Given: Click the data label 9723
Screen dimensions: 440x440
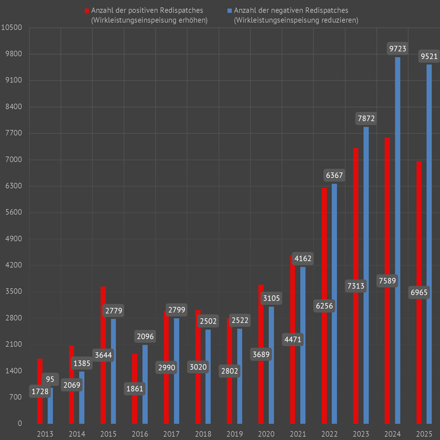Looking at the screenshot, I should click(x=398, y=48).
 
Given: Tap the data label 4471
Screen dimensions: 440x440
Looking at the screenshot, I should click(x=292, y=340).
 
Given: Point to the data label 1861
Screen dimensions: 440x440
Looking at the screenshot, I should click(x=134, y=388).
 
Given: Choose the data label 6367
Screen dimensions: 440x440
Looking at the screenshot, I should click(x=334, y=175).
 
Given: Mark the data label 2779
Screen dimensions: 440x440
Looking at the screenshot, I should click(x=113, y=311).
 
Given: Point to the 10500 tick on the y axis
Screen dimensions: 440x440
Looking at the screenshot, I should click(x=12, y=27).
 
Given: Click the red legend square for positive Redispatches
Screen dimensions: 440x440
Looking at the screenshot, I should click(x=86, y=11).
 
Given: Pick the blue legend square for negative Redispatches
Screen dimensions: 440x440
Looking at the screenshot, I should click(x=229, y=11).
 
